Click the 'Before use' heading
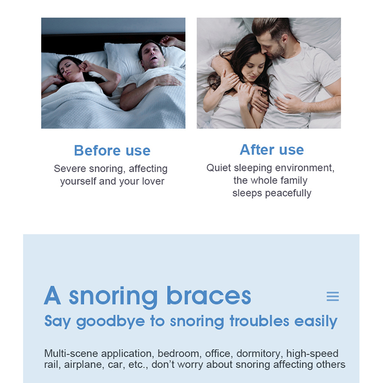(x=112, y=150)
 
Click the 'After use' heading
(x=271, y=149)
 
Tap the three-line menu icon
(x=333, y=296)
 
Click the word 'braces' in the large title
(x=209, y=295)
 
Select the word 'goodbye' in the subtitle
(x=111, y=322)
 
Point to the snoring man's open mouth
(x=153, y=58)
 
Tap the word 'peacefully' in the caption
(x=288, y=193)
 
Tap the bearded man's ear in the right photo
(x=284, y=39)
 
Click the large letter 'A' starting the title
(x=52, y=295)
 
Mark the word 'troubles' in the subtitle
(x=259, y=321)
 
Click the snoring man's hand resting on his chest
(x=168, y=80)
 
